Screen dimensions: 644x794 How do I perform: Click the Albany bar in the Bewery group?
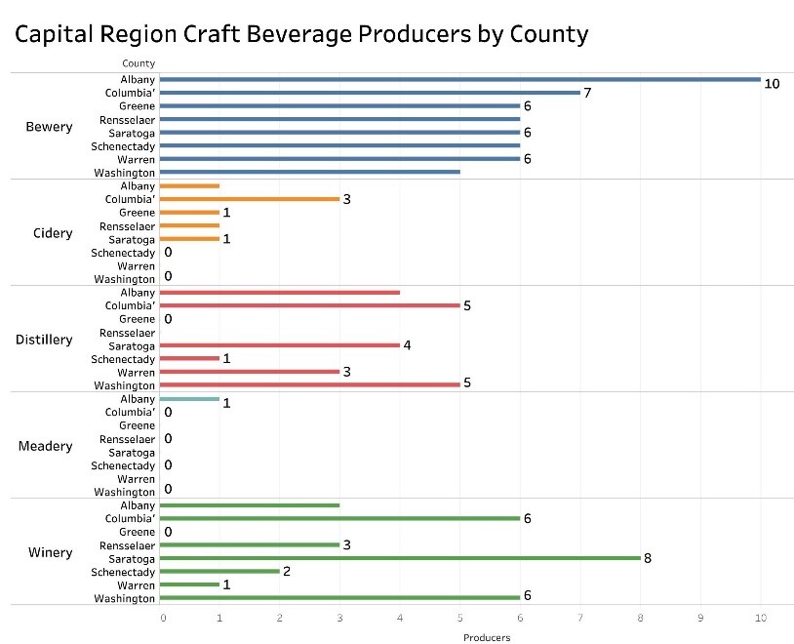(x=458, y=79)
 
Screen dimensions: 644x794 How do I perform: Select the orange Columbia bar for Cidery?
(x=249, y=199)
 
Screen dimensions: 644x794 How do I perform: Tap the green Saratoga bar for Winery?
(x=399, y=558)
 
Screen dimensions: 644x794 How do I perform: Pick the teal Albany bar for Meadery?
(x=188, y=399)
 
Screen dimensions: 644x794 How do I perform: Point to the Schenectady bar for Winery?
(x=218, y=571)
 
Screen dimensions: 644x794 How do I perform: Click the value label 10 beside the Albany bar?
(x=772, y=84)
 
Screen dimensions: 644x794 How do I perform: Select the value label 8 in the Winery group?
(x=647, y=558)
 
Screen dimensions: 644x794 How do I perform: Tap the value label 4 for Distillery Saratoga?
(x=407, y=345)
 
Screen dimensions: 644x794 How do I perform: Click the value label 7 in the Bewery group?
(x=587, y=93)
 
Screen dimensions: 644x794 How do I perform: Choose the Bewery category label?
(x=49, y=127)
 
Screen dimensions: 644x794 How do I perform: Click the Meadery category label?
(x=46, y=446)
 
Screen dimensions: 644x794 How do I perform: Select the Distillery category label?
(x=44, y=340)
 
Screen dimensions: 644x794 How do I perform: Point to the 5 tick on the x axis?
(x=460, y=618)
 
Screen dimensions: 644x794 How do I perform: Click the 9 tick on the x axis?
(x=700, y=618)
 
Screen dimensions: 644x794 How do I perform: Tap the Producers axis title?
(x=486, y=637)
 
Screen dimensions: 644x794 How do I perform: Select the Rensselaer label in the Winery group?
(x=127, y=544)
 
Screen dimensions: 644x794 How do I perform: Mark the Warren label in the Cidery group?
(x=137, y=265)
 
